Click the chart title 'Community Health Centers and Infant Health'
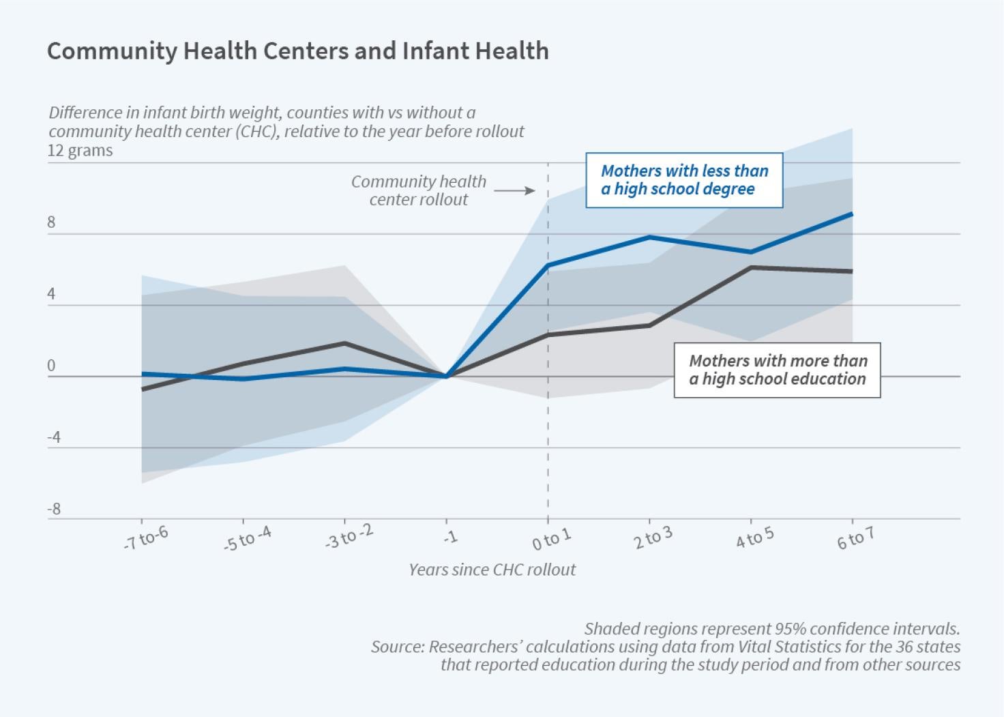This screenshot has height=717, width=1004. point(297,51)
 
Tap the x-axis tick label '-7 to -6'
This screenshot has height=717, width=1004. point(146,539)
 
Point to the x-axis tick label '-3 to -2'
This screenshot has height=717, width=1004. point(350,538)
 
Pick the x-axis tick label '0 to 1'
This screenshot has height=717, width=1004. point(551,538)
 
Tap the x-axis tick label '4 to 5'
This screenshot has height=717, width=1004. point(754,538)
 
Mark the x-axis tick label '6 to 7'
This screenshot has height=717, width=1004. point(855,539)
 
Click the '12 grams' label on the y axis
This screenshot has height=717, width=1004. point(80,150)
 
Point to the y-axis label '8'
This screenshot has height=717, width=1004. point(51,223)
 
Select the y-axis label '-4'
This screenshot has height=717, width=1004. point(54,437)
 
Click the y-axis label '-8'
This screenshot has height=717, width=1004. point(54,509)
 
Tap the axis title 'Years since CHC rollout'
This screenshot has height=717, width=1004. point(492,570)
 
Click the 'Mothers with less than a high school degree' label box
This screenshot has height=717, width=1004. point(684,179)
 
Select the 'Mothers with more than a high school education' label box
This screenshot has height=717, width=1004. point(777,370)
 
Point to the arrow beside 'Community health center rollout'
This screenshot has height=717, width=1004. point(514,191)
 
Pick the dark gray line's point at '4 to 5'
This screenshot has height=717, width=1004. point(751,267)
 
